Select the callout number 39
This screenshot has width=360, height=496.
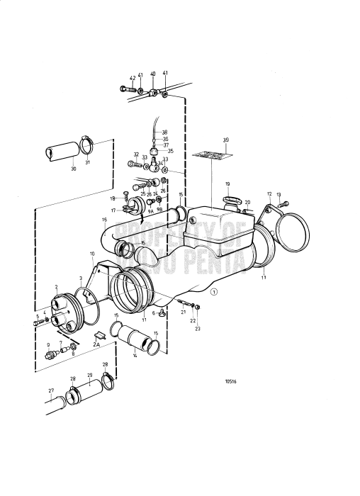point(226,140)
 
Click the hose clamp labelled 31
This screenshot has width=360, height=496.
point(86,146)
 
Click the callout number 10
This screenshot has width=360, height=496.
point(91,254)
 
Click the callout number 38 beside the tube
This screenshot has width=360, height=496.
point(164,133)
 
